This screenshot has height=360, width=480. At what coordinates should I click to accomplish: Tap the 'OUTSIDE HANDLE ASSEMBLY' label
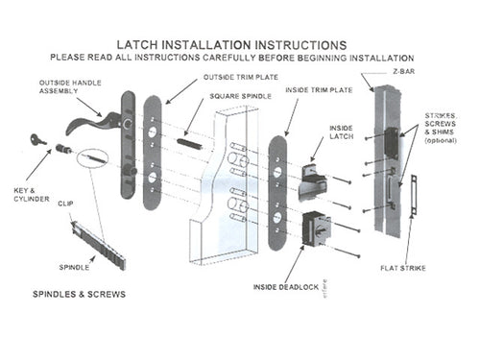click(x=65, y=87)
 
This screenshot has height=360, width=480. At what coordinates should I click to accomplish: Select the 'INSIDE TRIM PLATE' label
click(x=317, y=89)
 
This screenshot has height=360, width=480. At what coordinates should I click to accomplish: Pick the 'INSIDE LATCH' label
click(x=341, y=132)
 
